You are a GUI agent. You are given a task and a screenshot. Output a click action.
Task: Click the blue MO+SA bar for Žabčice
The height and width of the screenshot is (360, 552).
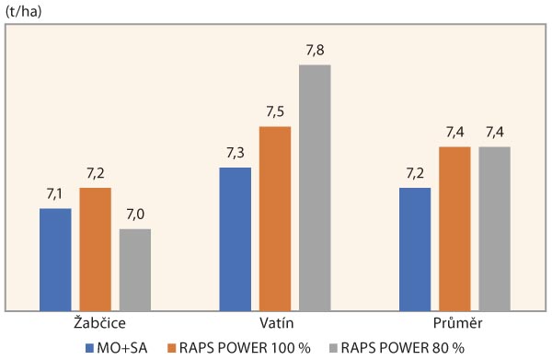[x=55, y=259]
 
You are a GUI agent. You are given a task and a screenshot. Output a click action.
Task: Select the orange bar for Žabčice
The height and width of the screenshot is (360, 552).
[x=95, y=249]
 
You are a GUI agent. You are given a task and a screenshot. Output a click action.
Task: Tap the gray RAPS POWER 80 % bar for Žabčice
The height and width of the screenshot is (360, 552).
[x=134, y=269]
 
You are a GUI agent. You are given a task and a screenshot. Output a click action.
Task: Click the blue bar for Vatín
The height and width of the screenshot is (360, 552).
[x=235, y=238]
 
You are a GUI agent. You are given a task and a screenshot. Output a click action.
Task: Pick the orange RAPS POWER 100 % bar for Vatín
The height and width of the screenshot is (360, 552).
[x=274, y=218]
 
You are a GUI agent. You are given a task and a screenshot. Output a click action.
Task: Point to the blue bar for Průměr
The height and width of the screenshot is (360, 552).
[x=415, y=249]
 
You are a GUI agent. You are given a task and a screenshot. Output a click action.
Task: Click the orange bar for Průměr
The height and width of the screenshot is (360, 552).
[x=454, y=228]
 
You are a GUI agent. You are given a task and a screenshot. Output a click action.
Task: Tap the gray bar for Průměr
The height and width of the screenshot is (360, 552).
[x=494, y=228]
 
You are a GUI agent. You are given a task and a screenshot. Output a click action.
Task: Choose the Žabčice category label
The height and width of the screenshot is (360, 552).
[x=94, y=324]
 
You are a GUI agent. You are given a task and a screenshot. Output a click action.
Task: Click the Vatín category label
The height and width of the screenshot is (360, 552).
[x=274, y=324]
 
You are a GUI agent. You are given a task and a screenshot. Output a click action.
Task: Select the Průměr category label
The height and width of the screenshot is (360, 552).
[x=454, y=324]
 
